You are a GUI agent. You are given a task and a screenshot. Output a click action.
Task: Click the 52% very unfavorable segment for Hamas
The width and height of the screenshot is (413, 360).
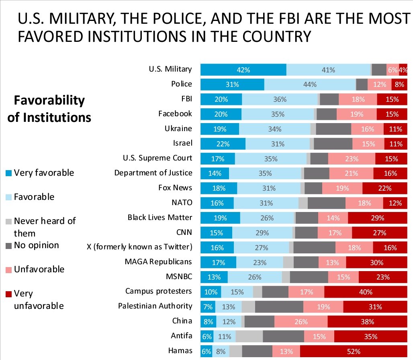point(354,351)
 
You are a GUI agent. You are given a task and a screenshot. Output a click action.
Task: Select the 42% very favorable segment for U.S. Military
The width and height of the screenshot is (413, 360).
point(243,70)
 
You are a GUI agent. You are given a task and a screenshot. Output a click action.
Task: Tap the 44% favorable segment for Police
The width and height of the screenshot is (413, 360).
point(310,84)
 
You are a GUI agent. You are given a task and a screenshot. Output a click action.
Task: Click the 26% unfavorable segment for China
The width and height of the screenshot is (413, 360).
point(301,322)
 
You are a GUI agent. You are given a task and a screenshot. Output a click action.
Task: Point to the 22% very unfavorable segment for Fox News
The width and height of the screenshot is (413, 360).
point(385,188)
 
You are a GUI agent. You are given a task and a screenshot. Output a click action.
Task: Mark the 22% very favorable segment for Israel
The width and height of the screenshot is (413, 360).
point(223,144)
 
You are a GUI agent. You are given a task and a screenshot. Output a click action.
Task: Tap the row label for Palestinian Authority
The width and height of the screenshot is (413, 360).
point(155,306)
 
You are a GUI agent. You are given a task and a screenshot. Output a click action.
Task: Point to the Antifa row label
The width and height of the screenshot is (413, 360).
point(181,335)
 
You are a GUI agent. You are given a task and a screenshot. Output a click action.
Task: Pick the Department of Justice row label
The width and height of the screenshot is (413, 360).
point(153,173)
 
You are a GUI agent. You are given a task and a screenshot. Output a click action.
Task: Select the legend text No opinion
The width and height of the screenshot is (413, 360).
point(36,245)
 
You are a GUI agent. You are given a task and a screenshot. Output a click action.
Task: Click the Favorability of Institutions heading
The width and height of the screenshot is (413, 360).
point(49,109)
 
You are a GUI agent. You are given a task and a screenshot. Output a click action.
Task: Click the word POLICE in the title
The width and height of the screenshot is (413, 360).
point(170,18)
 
